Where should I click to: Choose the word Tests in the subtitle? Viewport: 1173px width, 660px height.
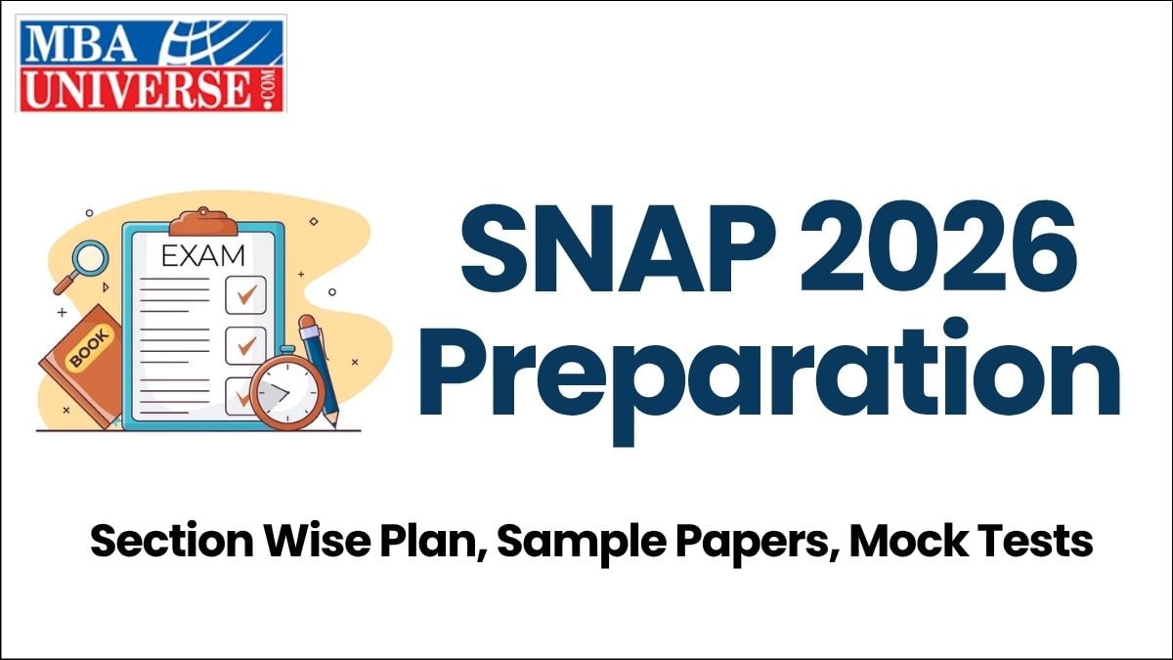click(1037, 541)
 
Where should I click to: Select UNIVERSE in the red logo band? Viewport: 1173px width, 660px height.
click(132, 90)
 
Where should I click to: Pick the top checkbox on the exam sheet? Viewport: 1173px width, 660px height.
click(245, 293)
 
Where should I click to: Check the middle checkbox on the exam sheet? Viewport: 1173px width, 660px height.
click(245, 344)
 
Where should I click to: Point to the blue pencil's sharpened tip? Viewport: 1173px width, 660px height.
click(334, 421)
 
